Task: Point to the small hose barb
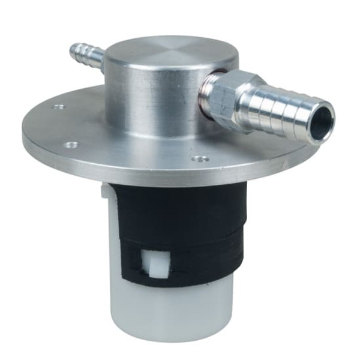86,56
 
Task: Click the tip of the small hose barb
74,48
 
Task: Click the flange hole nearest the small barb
59,107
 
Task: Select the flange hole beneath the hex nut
200,159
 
